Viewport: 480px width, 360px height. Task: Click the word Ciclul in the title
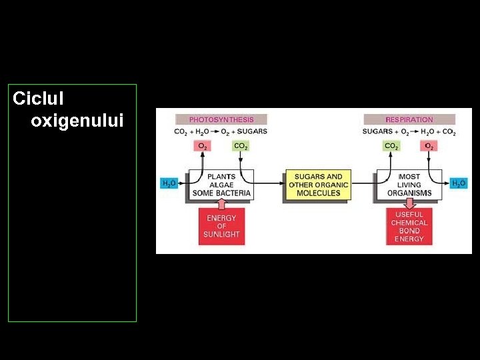pyautogui.click(x=39, y=99)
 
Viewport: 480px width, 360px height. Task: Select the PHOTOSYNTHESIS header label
pyautogui.click(x=221, y=119)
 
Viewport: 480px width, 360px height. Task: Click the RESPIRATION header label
pyautogui.click(x=409, y=119)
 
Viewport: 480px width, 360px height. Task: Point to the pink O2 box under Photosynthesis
pyautogui.click(x=202, y=146)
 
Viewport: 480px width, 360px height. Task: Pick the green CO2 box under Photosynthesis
pyautogui.click(x=240, y=146)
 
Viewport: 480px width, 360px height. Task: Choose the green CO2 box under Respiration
pyautogui.click(x=391, y=146)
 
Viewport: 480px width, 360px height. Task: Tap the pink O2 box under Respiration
pyautogui.click(x=429, y=146)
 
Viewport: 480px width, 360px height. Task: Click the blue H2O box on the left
pyautogui.click(x=169, y=183)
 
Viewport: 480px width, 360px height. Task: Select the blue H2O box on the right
pyautogui.click(x=459, y=183)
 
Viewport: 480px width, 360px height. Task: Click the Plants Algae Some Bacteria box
pyautogui.click(x=221, y=185)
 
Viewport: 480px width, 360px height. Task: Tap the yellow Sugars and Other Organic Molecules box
pyautogui.click(x=318, y=185)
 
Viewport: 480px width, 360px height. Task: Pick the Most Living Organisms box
pyautogui.click(x=409, y=185)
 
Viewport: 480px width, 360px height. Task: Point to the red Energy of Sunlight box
pyautogui.click(x=221, y=226)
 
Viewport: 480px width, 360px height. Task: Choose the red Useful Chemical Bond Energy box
pyautogui.click(x=409, y=226)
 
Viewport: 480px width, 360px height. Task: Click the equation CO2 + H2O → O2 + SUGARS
pyautogui.click(x=221, y=131)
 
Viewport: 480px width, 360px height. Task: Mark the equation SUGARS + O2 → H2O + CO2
pyautogui.click(x=409, y=131)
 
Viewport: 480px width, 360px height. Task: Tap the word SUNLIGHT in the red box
pyautogui.click(x=221, y=235)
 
